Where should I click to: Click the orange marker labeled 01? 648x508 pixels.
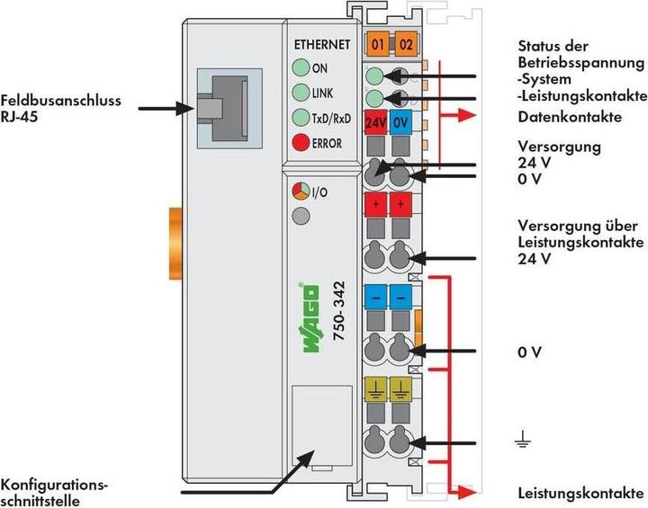coord(378,43)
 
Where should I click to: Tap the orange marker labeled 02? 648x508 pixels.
coord(406,43)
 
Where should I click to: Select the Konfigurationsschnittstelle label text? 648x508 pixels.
coord(56,492)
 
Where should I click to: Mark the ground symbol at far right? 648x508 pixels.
coord(522,440)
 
